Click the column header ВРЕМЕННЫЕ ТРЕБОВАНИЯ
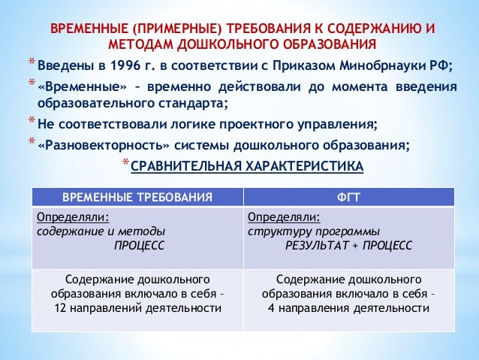coord(137,197)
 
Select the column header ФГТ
coord(349,197)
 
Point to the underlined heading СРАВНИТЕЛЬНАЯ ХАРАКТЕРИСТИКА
coord(246,166)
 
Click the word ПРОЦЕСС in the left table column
coord(138,244)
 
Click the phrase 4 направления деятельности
coord(349,308)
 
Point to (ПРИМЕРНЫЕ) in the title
coord(168,28)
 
